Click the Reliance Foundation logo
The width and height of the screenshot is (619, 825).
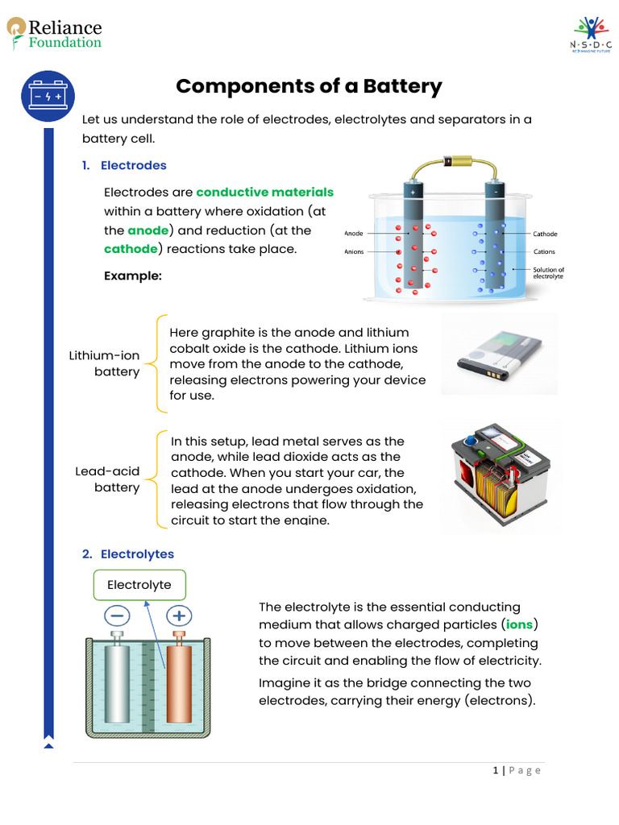(54, 34)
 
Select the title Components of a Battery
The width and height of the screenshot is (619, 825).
(309, 86)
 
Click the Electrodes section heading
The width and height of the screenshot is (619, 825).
(133, 165)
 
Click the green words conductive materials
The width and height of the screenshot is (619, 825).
(264, 192)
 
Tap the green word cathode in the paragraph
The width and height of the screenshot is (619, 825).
(131, 249)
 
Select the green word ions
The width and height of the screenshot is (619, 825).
(520, 624)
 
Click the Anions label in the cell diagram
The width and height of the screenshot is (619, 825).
(354, 251)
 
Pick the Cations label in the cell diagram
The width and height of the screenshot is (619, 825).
(545, 251)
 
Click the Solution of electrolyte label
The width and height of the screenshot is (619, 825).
(548, 272)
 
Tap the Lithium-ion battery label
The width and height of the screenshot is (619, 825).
(105, 363)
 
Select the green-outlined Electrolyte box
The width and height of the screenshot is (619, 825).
(139, 585)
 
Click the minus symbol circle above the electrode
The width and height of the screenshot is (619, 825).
(117, 616)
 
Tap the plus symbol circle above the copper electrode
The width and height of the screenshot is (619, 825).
(179, 616)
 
